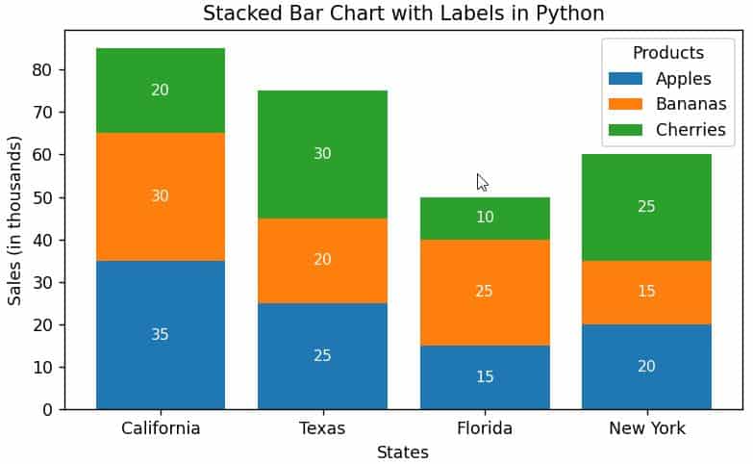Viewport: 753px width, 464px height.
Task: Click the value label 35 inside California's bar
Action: (x=161, y=335)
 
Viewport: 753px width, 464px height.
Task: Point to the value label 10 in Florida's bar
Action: (x=485, y=218)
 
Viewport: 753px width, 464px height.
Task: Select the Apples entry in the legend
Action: (x=683, y=79)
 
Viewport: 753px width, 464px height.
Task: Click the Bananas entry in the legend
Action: (x=690, y=104)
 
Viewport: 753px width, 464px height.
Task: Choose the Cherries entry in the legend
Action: (x=690, y=129)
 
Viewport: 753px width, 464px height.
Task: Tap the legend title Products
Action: (x=667, y=53)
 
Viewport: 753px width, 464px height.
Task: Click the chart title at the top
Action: (x=403, y=13)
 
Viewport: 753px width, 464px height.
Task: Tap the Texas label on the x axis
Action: (x=322, y=428)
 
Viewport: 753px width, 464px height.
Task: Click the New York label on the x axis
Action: (x=646, y=428)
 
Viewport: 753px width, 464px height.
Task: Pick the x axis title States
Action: (x=403, y=451)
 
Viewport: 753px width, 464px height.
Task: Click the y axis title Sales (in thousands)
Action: (x=14, y=220)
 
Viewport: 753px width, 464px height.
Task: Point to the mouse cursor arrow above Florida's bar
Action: (x=482, y=182)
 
